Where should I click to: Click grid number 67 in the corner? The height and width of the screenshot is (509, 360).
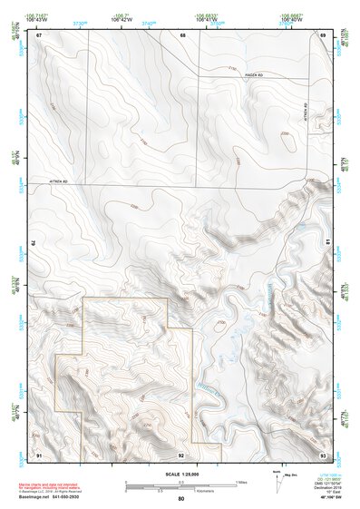(39, 35)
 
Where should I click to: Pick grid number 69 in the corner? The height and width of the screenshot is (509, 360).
(323, 35)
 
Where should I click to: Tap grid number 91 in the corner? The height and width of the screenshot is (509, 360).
(39, 454)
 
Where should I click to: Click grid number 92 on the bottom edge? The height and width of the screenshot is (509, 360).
(182, 454)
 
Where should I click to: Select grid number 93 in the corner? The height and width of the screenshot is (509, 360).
(323, 454)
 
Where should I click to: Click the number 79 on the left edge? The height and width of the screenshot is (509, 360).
(36, 243)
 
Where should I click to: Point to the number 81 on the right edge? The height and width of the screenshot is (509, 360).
(326, 243)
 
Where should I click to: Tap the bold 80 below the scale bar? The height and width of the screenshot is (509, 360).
(181, 499)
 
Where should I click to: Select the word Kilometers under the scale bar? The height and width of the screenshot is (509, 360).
(190, 489)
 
